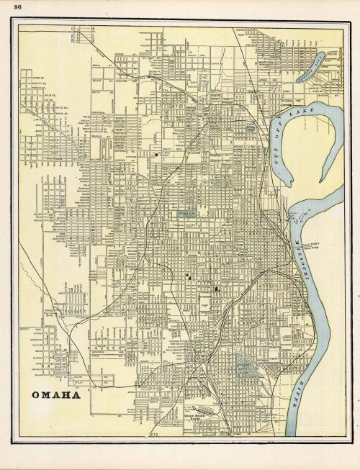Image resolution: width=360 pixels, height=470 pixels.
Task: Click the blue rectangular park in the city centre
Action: [x=186, y=213]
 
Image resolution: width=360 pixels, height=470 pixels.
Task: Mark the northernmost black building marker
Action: [x=156, y=154]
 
